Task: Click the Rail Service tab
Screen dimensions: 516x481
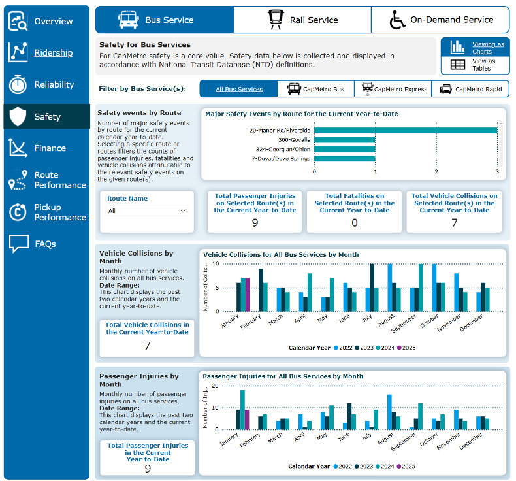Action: coord(302,20)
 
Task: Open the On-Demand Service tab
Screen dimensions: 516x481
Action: coord(440,20)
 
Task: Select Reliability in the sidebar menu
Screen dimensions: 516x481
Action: coord(46,84)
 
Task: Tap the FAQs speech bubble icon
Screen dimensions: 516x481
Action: coord(19,244)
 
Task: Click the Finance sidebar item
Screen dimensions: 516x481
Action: coord(46,148)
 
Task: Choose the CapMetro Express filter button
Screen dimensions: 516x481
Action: coord(393,89)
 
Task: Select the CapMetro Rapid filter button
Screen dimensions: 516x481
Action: coord(470,89)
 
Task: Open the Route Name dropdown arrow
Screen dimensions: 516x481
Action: coord(183,211)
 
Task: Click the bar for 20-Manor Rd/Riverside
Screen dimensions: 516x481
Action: coord(406,130)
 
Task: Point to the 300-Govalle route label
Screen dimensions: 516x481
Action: coord(294,140)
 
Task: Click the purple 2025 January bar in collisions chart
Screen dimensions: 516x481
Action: coord(248,295)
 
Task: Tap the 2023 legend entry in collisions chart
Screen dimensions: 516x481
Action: coord(364,348)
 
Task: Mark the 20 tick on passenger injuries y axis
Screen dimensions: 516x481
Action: coord(215,386)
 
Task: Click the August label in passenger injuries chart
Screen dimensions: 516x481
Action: coord(385,439)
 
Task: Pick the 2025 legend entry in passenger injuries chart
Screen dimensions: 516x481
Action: coord(406,466)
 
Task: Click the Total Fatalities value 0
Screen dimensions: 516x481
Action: coord(355,223)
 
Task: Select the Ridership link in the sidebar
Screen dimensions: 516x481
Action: coord(54,53)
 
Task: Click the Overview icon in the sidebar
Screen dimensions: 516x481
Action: coord(18,21)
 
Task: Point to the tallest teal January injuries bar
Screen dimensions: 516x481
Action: coord(242,410)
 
